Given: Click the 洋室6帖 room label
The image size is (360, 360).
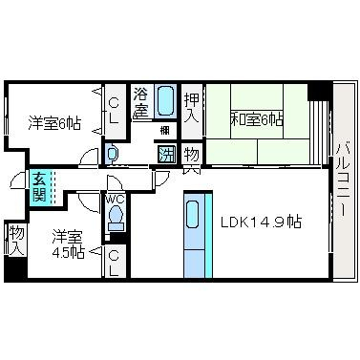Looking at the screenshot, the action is tap(54, 123).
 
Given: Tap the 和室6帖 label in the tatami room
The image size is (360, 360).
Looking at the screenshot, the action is tap(256, 120).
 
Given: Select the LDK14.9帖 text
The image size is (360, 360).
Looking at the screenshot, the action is tap(261, 222).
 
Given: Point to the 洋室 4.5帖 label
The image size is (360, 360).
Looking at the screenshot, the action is tap(69, 244).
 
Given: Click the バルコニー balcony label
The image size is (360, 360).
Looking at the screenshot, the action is tap(343, 180).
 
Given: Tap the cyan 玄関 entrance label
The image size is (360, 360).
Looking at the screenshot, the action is tap(38, 188).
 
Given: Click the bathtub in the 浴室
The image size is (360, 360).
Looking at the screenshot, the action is tap(165, 101).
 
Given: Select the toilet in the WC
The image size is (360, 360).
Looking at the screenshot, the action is tap(116, 217).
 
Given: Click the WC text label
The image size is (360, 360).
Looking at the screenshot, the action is tap(115, 200).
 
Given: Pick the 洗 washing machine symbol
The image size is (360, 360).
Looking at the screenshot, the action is tap(167, 155).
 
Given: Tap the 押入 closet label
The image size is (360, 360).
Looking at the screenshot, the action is tap(192, 107).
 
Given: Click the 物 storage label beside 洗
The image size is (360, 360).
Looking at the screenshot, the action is tap(192, 154).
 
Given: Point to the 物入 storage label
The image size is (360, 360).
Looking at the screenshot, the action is tap(16, 241).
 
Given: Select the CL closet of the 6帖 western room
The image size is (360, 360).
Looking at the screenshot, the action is tap(114, 111).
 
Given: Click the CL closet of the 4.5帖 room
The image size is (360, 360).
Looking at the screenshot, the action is tap(115, 263).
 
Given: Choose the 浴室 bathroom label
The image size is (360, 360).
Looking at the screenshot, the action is tap(141, 102).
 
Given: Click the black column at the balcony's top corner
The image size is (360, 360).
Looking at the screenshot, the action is tap(319, 92).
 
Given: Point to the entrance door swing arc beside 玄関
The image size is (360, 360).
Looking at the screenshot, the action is tap(15, 180).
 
